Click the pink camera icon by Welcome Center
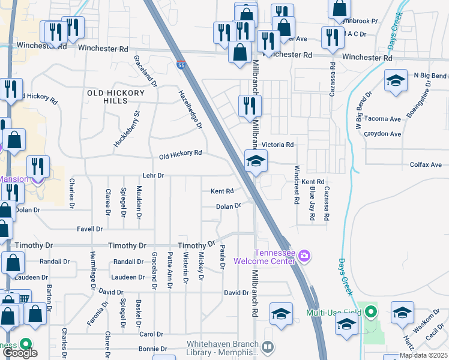pyautogui.click(x=304, y=256)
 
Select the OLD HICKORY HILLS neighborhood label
pyautogui.click(x=116, y=97)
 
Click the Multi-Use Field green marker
pyautogui.click(x=371, y=312)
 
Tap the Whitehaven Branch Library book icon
pyautogui.click(x=268, y=347)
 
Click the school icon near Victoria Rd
pyautogui.click(x=256, y=161)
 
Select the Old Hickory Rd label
pyautogui.click(x=180, y=154)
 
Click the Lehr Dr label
pyautogui.click(x=153, y=175)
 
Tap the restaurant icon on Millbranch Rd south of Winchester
pyautogui.click(x=250, y=106)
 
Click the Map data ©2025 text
pyautogui.click(x=423, y=355)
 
